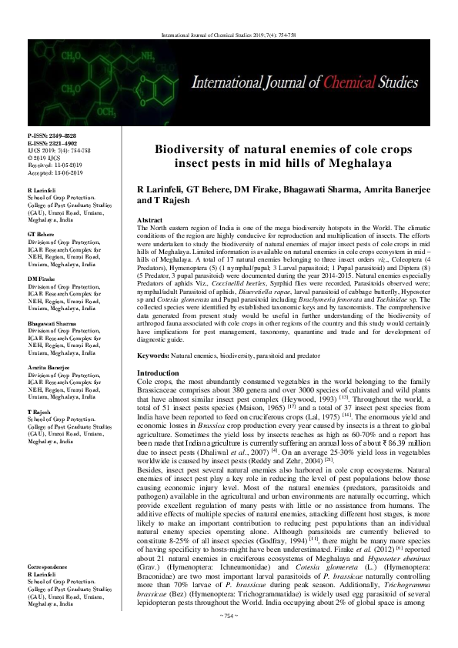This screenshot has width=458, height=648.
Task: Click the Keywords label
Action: tap(152, 357)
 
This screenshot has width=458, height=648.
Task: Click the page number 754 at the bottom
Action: tap(229, 638)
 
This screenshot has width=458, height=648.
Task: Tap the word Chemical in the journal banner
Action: tap(349, 79)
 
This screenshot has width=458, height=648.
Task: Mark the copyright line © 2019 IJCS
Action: tap(45, 157)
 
